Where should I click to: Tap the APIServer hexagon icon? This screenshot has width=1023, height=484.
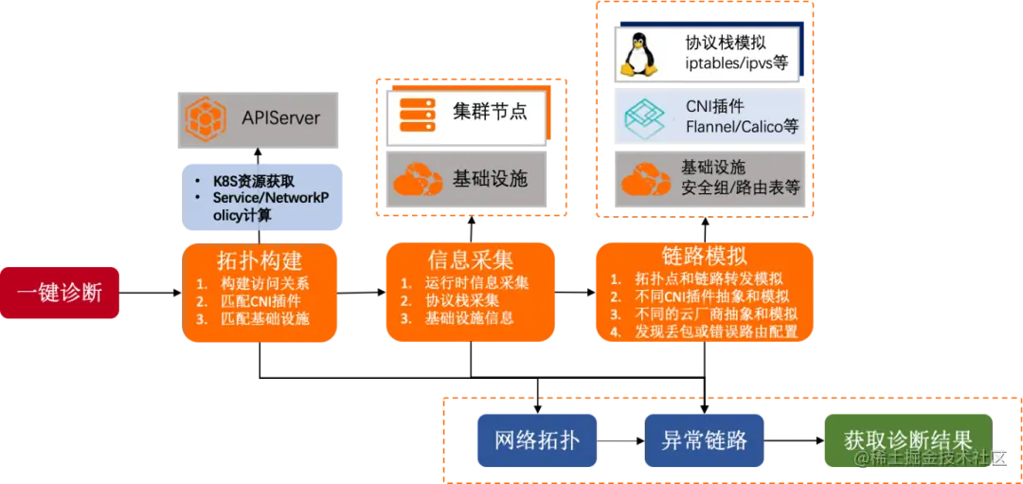(206, 118)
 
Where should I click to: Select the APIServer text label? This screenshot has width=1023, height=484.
(280, 119)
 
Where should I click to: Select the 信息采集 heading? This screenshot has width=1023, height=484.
(470, 259)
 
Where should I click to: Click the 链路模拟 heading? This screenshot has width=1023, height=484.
(703, 256)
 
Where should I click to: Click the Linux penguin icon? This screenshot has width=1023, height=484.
(639, 53)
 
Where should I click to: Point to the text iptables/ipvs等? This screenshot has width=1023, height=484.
(735, 64)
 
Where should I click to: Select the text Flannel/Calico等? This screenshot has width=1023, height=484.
(742, 126)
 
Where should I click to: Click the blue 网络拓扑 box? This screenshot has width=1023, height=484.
(536, 439)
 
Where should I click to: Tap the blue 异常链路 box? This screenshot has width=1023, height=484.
(703, 439)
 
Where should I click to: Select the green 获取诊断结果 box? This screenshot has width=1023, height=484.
(907, 439)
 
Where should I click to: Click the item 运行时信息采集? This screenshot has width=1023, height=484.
(476, 283)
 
